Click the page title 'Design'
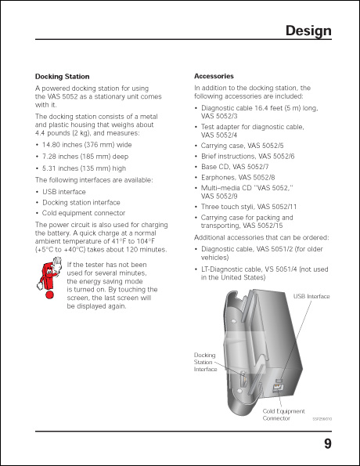click(x=308, y=31)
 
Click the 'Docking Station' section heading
click(x=62, y=76)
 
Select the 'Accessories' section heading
click(x=213, y=76)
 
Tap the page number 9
click(x=327, y=446)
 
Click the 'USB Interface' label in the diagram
click(x=311, y=296)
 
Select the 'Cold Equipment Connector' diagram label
click(x=283, y=414)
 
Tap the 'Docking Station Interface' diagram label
click(x=205, y=362)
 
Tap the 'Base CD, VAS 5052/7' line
click(x=238, y=167)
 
